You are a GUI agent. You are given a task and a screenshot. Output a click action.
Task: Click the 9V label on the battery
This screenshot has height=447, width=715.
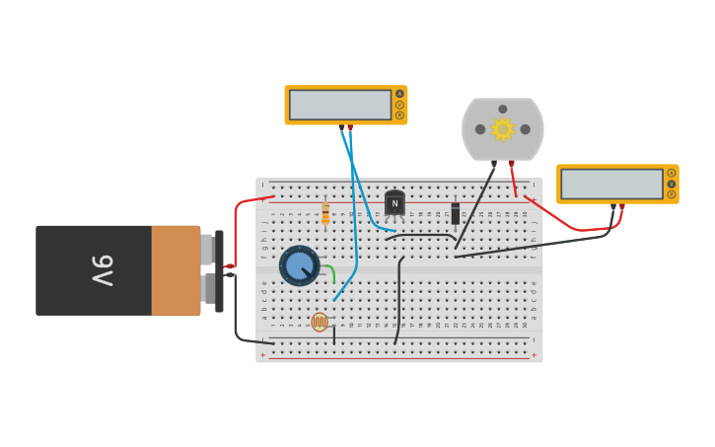[x=104, y=270]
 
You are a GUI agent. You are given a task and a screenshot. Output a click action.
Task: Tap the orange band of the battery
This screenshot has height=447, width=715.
[x=176, y=270]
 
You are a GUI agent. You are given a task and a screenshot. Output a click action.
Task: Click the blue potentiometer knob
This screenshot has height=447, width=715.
[x=299, y=265]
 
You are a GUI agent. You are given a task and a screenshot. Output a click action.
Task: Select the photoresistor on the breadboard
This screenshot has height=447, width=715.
[x=320, y=322]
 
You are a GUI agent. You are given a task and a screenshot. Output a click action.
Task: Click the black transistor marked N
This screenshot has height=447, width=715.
[x=394, y=203]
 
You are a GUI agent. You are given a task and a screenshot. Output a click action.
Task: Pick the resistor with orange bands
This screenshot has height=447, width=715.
[x=325, y=213]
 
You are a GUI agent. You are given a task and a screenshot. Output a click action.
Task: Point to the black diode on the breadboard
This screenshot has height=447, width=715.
[x=455, y=212]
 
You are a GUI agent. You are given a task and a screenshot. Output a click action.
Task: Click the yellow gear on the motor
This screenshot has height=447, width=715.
[x=503, y=129]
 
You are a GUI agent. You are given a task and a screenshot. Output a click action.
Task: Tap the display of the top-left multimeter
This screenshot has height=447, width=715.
[x=340, y=105]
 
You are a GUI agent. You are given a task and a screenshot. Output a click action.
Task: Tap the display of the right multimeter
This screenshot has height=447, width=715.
[x=611, y=184]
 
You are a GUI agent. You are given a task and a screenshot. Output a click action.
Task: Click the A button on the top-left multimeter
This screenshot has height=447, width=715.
[x=399, y=94]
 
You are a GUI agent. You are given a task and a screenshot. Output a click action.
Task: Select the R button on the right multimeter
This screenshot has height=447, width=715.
[x=672, y=194]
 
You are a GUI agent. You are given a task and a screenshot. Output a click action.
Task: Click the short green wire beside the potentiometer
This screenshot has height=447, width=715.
[x=331, y=272]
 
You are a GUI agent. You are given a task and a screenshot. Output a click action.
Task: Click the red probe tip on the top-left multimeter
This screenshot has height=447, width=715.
[x=350, y=127]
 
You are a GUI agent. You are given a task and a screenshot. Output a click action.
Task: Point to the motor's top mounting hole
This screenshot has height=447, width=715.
[x=503, y=109]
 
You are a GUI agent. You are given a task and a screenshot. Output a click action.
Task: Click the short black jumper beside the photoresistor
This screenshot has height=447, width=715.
[x=334, y=335]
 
